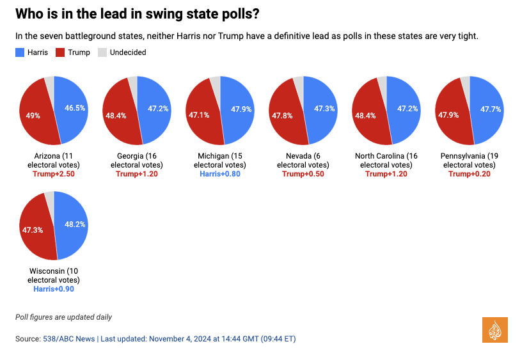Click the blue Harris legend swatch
(19, 52)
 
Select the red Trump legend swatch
(61, 52)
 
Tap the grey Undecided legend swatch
(102, 52)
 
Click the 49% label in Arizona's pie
(33, 116)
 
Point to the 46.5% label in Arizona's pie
(75, 109)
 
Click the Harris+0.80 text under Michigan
(219, 173)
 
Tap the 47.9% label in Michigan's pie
(241, 109)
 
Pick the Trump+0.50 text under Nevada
(303, 173)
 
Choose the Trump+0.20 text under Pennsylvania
(469, 173)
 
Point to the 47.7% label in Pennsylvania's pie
(491, 109)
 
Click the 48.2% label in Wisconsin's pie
(75, 224)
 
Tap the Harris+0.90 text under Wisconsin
(53, 288)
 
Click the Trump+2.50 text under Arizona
(53, 173)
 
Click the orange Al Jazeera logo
(494, 329)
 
